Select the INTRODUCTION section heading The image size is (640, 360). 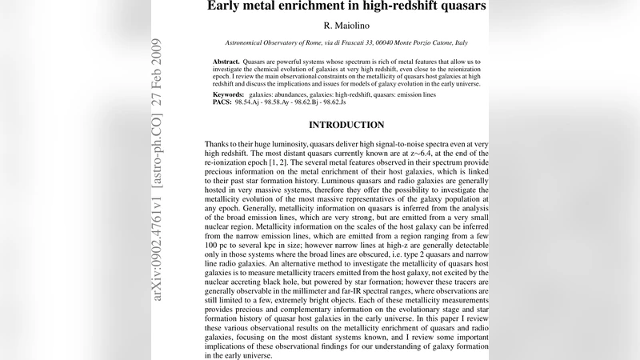[x=346, y=125]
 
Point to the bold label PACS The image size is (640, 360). [x=222, y=102]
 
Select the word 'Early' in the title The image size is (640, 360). [x=226, y=6]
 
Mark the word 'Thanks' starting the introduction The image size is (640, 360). [x=221, y=144]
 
